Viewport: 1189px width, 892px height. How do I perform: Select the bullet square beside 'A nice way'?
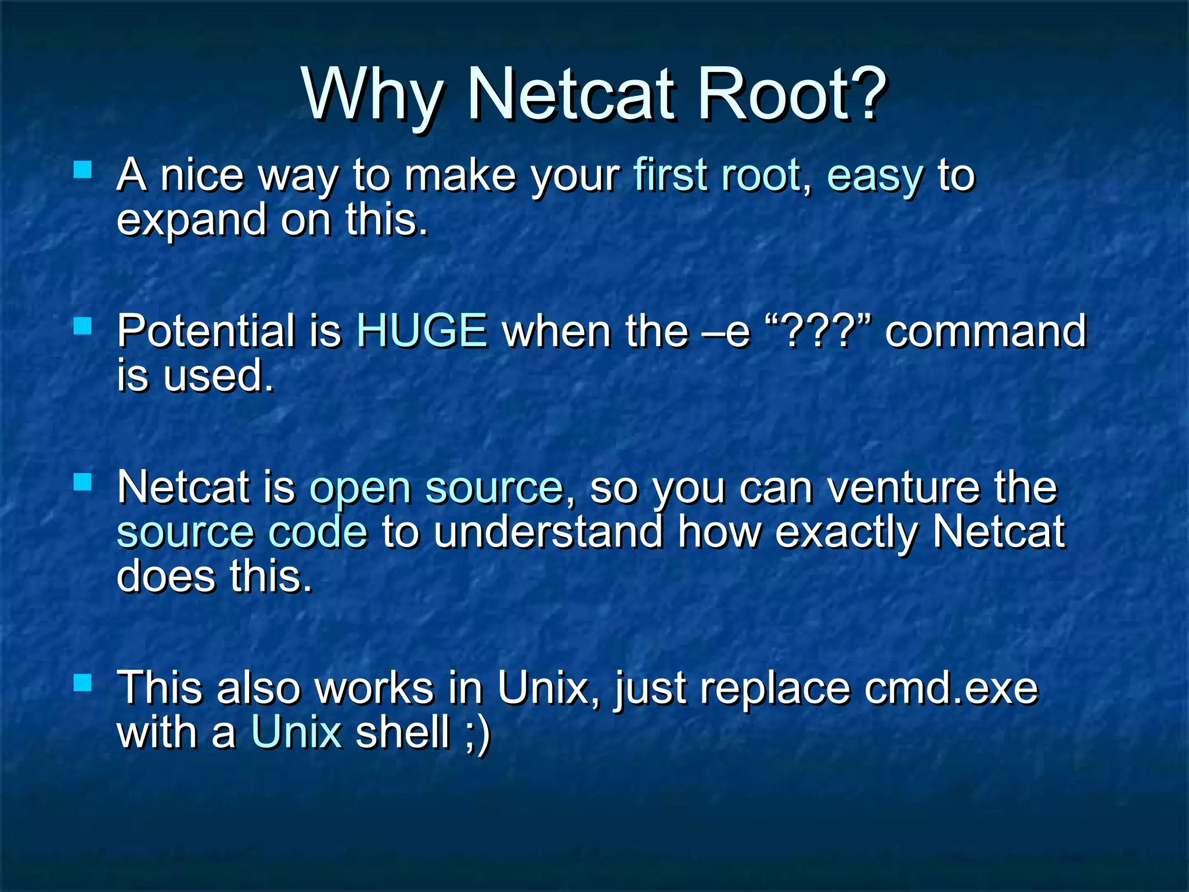point(83,170)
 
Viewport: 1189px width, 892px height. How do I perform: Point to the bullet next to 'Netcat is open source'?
point(83,482)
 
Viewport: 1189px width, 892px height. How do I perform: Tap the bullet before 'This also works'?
point(83,682)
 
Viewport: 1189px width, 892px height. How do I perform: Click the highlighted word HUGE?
point(421,330)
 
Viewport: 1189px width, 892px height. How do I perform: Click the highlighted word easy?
point(875,176)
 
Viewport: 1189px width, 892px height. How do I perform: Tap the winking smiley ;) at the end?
point(478,733)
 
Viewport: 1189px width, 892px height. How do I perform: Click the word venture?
point(903,488)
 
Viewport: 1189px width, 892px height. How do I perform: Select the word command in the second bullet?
point(985,330)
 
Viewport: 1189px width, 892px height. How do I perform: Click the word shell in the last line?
point(403,732)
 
